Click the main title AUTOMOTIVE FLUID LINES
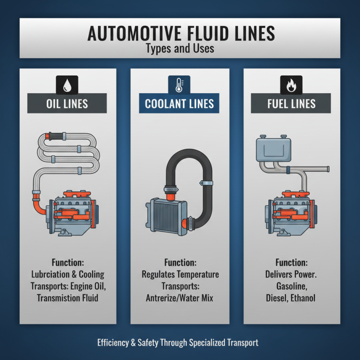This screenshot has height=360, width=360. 180,34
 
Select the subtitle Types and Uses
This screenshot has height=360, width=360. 180,49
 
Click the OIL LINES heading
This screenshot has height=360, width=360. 67,104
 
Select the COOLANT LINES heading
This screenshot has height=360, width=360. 180,104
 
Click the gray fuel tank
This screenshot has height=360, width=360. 273,150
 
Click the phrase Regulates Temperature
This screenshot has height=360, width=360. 180,274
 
